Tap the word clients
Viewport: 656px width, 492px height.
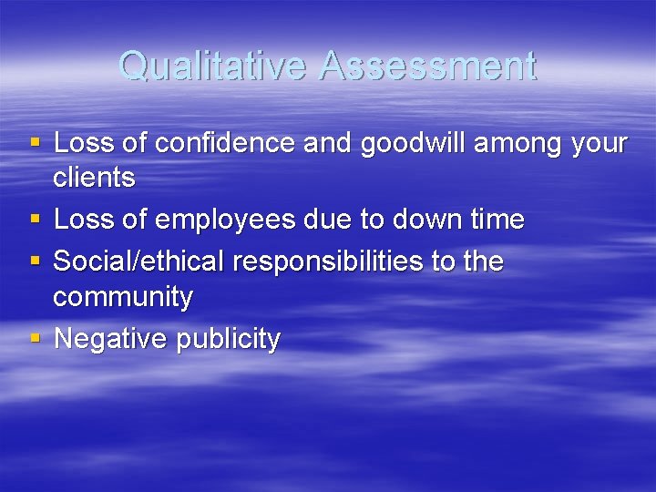94,178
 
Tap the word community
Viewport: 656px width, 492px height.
123,297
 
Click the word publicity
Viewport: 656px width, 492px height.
226,340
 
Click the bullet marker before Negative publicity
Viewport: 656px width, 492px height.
35,338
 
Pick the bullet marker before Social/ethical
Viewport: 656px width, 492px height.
35,261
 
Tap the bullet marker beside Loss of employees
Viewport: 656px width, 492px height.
35,219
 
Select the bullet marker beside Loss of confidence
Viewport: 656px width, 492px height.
35,142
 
